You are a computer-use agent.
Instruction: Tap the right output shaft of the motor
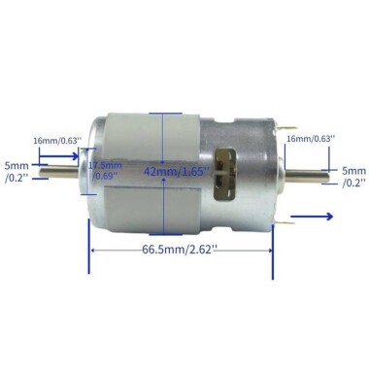(308, 176)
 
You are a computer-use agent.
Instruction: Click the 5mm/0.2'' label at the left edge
(17, 172)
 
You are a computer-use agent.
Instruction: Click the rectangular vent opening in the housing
(230, 170)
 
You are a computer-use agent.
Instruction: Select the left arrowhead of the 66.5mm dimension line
(93, 251)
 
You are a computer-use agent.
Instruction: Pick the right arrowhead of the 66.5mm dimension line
(271, 251)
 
